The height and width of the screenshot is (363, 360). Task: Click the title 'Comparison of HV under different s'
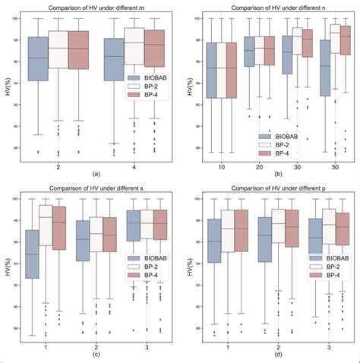(96, 189)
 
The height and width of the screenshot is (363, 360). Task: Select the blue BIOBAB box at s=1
(32, 254)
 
